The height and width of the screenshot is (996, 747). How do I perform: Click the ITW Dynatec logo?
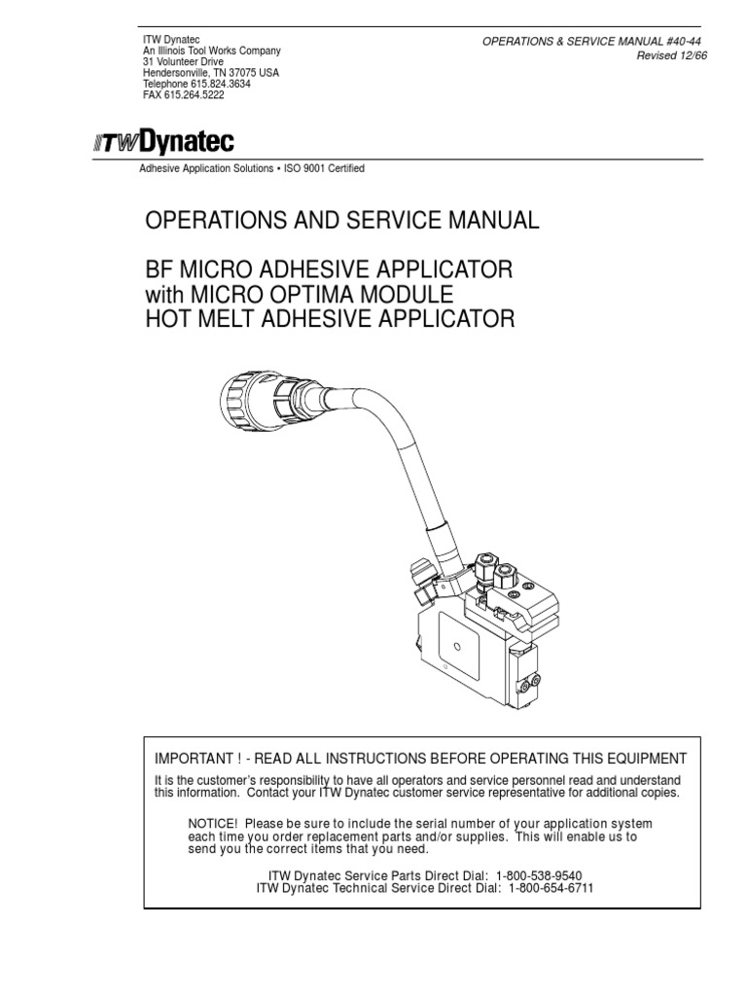163,143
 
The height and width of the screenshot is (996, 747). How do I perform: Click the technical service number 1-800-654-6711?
547,889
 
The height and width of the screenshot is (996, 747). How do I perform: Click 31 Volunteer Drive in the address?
183,61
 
